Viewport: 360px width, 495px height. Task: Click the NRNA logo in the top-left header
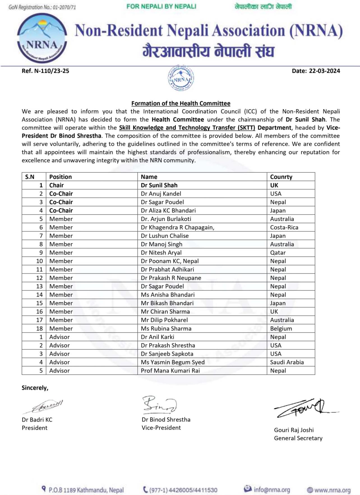(x=42, y=38)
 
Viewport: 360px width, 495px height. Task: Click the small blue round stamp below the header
(x=181, y=78)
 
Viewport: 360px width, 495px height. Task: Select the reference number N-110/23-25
(x=45, y=71)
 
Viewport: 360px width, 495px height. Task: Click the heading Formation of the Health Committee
(x=181, y=103)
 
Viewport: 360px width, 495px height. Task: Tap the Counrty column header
(x=281, y=177)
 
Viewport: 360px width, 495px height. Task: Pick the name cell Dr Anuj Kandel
(x=161, y=194)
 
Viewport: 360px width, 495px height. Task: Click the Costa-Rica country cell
(x=284, y=227)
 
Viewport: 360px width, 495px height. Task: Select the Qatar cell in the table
(x=278, y=253)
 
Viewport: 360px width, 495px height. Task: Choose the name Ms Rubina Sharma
(x=166, y=328)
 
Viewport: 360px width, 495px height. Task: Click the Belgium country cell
(x=281, y=328)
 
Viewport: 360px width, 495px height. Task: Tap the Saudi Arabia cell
(x=287, y=362)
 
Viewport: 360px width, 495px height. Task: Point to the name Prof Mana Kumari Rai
(x=170, y=370)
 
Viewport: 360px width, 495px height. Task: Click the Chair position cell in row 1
(x=57, y=185)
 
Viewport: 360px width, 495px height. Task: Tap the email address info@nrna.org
(x=272, y=490)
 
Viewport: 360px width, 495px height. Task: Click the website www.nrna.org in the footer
(x=332, y=490)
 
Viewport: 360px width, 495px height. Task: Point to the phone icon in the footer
(x=146, y=489)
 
